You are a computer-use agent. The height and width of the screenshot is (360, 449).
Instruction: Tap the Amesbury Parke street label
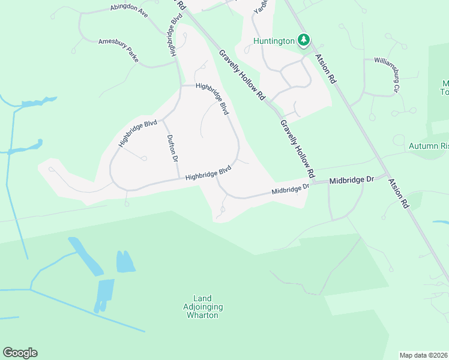pyautogui.click(x=118, y=48)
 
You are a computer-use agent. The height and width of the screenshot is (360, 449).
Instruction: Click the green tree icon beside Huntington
pyautogui.click(x=304, y=40)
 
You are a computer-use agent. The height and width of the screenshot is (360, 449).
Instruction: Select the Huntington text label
pyautogui.click(x=274, y=41)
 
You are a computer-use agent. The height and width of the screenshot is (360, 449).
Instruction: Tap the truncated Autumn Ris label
pyautogui.click(x=429, y=146)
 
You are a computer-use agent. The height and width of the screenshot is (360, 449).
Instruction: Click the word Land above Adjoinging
pyautogui.click(x=203, y=298)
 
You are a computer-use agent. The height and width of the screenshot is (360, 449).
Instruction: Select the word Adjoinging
pyautogui.click(x=203, y=307)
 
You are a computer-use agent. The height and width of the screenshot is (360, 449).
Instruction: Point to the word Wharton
pyautogui.click(x=203, y=315)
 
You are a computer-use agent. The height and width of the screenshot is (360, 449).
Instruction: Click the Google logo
pyautogui.click(x=20, y=353)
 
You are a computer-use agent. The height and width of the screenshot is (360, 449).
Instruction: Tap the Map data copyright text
pyautogui.click(x=424, y=355)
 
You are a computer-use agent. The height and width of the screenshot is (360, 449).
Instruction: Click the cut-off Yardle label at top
pyautogui.click(x=260, y=6)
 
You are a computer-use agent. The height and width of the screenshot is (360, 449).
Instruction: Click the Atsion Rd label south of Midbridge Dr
pyautogui.click(x=398, y=193)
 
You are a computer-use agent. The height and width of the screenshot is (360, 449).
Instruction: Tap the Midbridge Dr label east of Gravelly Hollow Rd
pyautogui.click(x=352, y=179)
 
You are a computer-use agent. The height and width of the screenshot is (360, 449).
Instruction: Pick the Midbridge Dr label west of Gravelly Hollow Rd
pyautogui.click(x=290, y=189)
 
